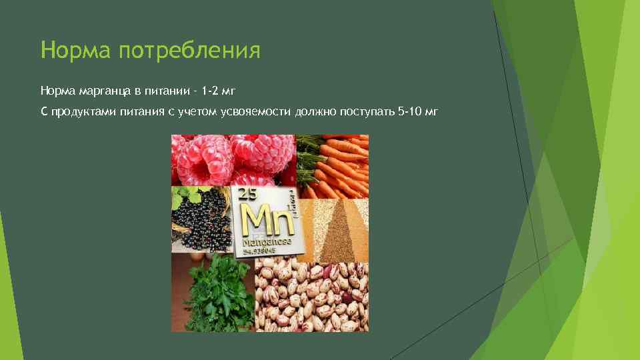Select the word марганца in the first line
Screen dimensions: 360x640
(107, 90)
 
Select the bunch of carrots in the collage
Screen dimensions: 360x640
(333, 163)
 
